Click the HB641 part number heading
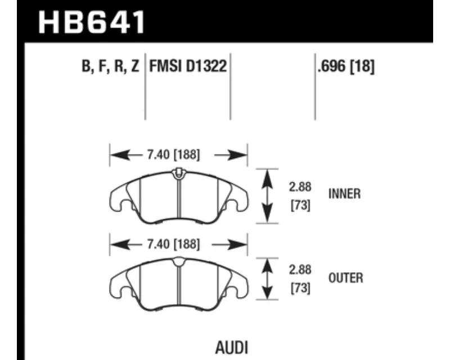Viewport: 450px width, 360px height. [x=92, y=22]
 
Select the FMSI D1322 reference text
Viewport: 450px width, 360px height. [x=188, y=66]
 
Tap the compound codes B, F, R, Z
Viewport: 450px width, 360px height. [x=110, y=66]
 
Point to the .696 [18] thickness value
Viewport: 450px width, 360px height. [x=346, y=66]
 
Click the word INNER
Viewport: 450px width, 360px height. [x=344, y=193]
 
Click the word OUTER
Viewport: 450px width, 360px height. [x=345, y=278]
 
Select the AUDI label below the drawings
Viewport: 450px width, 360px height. [x=232, y=348]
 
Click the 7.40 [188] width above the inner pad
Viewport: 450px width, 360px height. [x=173, y=155]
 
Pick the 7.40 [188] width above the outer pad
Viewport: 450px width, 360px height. [x=173, y=244]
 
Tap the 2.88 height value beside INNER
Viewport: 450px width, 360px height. [x=300, y=187]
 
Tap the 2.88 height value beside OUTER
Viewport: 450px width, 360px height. [x=300, y=270]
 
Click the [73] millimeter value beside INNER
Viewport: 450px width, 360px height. [x=300, y=205]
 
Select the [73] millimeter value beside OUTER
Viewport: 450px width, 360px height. [x=300, y=288]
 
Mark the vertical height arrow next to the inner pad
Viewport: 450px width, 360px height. [x=267, y=196]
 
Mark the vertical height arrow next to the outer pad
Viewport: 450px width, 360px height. [x=267, y=279]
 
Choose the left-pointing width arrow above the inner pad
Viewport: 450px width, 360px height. [x=126, y=155]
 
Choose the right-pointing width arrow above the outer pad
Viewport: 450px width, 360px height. [x=229, y=245]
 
